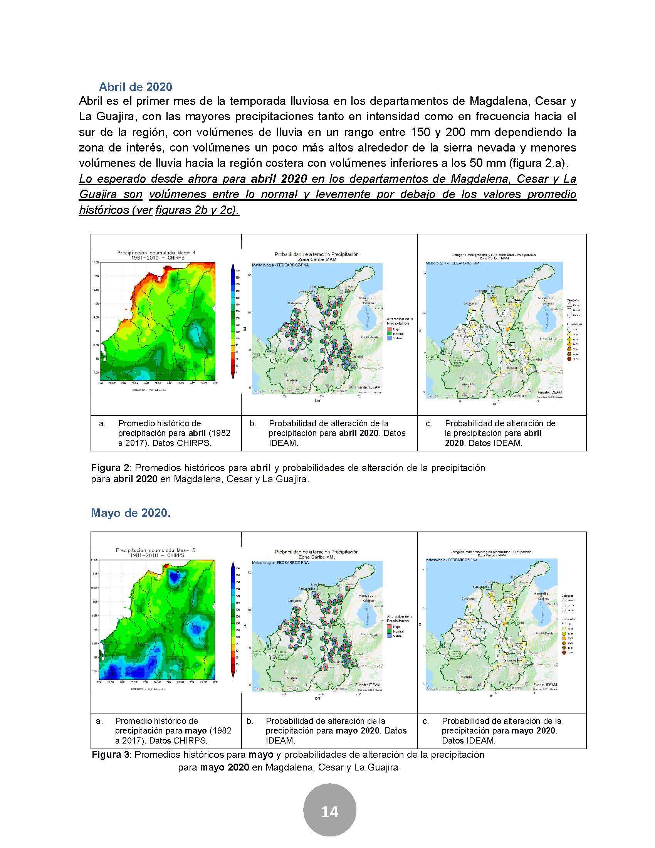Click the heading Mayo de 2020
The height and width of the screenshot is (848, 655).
130,513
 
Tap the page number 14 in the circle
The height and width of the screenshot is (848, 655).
329,812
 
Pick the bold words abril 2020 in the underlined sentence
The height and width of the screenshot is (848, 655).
279,179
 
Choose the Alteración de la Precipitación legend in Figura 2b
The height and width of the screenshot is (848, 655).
399,328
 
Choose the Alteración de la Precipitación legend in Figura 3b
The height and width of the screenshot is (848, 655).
399,625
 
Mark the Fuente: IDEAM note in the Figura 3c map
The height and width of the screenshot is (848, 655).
545,685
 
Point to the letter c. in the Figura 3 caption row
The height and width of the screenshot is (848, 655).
426,721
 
